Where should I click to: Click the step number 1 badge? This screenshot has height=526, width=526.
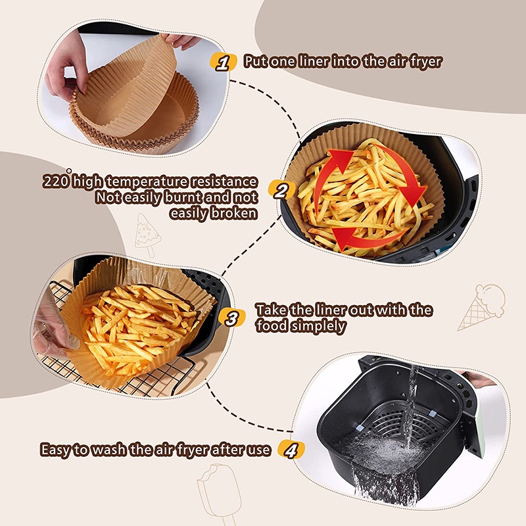tap(224, 62)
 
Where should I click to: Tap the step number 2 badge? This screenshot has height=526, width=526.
tap(281, 191)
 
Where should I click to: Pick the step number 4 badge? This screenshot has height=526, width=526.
tap(291, 450)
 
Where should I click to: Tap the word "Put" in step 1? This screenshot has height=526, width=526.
tap(256, 62)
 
